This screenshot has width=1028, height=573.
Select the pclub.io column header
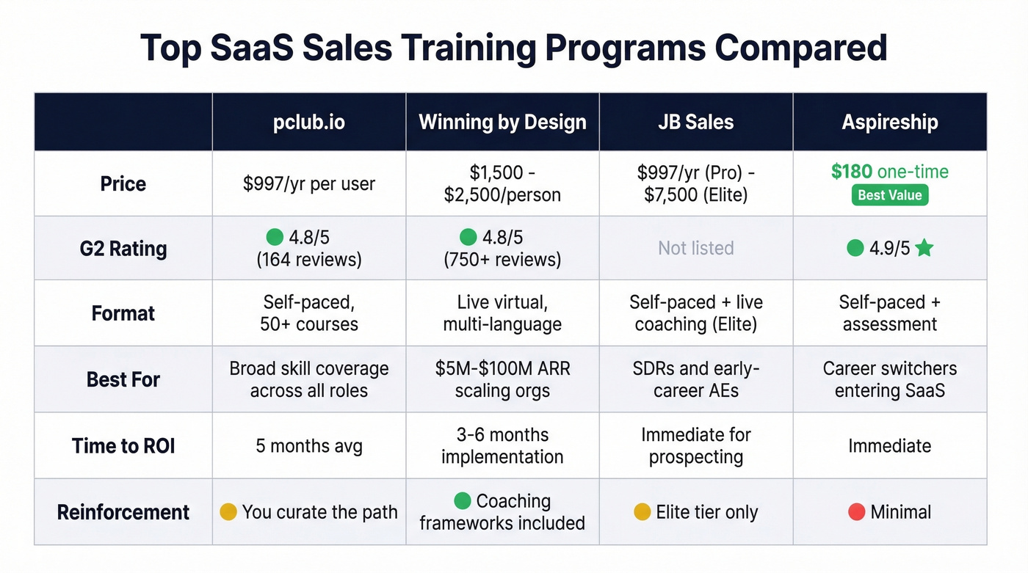(x=308, y=122)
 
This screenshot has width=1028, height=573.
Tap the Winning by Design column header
(x=502, y=122)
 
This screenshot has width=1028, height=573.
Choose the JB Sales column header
(x=695, y=122)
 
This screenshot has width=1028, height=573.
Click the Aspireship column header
(x=889, y=122)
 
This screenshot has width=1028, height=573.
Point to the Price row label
(x=123, y=183)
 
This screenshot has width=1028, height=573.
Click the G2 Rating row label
(x=123, y=248)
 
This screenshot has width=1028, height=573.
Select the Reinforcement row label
(x=123, y=511)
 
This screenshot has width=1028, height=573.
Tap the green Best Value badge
(x=889, y=196)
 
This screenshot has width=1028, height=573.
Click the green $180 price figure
(x=852, y=172)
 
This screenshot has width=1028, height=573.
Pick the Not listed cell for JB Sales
(x=695, y=248)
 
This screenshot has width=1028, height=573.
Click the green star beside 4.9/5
(x=924, y=248)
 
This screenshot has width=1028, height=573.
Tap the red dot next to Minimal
(x=856, y=511)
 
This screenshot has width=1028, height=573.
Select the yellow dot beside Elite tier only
(x=642, y=511)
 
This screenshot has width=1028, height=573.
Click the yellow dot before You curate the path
(x=228, y=511)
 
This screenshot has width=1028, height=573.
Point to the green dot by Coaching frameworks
(x=462, y=501)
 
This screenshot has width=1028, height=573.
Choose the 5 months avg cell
(x=308, y=445)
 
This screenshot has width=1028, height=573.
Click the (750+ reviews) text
(x=502, y=259)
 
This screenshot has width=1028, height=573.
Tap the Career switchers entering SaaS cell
(x=889, y=379)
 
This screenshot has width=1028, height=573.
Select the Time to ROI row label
(x=123, y=445)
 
